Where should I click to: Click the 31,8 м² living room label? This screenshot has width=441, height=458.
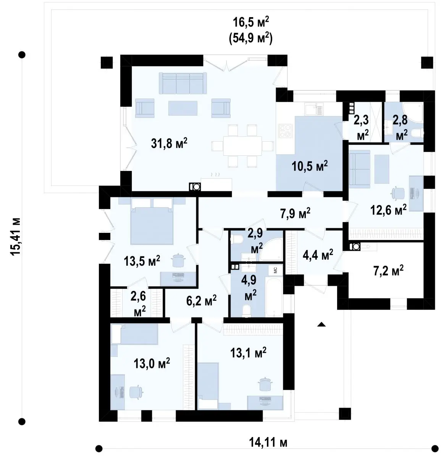click(169, 143)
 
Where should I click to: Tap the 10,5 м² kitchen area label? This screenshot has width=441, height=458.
click(310, 166)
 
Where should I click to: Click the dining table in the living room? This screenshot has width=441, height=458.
click(242, 146)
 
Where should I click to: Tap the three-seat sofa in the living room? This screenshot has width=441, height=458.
click(183, 83)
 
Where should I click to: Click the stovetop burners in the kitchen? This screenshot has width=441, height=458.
click(285, 131)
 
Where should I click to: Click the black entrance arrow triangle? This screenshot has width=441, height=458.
click(321, 325)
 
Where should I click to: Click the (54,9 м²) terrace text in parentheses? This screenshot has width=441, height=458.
click(251, 38)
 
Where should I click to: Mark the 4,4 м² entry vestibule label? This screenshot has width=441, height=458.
click(318, 255)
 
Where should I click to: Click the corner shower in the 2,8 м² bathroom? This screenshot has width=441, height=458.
click(414, 112)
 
